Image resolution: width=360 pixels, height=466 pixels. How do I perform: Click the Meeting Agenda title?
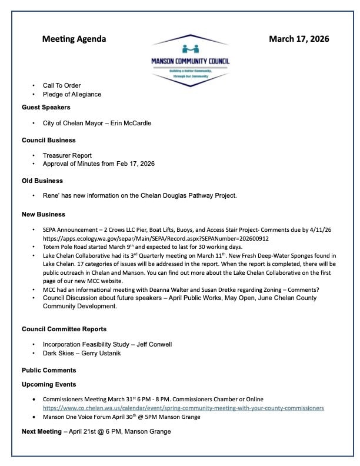[74, 39]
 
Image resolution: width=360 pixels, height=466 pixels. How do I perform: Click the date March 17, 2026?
[299, 39]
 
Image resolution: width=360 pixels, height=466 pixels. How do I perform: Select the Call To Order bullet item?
[62, 86]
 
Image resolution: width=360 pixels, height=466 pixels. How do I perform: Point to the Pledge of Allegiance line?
[72, 94]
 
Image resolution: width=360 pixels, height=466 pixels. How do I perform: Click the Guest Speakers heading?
[46, 108]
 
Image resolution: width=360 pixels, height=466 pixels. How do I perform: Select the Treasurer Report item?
[67, 155]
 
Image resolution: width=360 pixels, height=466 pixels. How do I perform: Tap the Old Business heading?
[42, 181]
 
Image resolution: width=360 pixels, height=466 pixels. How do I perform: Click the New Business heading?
[44, 214]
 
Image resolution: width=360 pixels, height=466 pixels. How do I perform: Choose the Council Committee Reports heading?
[64, 329]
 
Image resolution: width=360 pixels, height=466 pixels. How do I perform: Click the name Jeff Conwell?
[156, 344]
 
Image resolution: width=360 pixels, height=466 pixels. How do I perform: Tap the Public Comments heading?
[49, 370]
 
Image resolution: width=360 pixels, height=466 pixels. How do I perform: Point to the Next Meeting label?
[41, 432]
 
